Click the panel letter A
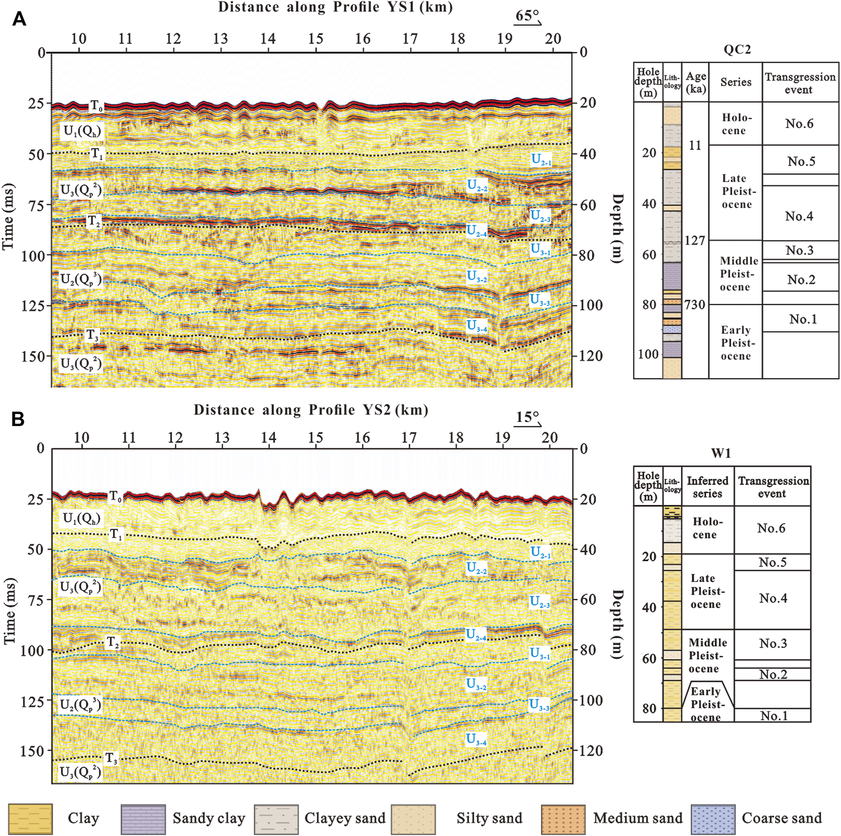point(19,19)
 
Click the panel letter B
point(18,419)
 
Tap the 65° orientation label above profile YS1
point(527,16)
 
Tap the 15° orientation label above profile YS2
point(527,417)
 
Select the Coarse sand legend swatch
point(713,819)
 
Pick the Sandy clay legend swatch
point(143,819)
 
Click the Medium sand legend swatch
point(563,819)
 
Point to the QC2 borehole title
point(737,50)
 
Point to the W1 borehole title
point(721,453)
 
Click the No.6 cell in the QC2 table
point(799,123)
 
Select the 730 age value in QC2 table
point(695,305)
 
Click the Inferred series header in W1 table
point(707,487)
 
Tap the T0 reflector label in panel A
point(97,106)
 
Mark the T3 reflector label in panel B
point(111,758)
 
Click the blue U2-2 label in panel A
point(477,186)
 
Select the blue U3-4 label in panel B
point(476,739)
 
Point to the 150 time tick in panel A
point(33,357)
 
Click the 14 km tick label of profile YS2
point(268,437)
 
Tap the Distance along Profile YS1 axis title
point(335,7)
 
